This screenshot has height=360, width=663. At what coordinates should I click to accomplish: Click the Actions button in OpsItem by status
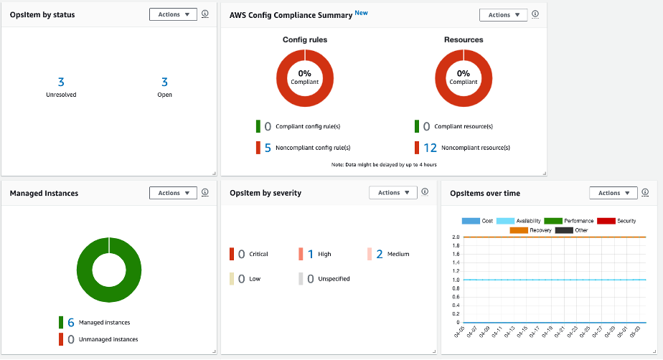(x=173, y=14)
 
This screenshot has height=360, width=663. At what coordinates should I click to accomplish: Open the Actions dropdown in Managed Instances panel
(x=173, y=193)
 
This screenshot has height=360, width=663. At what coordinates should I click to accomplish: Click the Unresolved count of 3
(x=61, y=82)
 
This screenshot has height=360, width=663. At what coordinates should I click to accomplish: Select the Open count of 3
(x=164, y=82)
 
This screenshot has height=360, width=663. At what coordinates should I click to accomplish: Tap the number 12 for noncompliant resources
(x=430, y=148)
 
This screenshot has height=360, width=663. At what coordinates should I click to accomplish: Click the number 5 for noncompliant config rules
(x=268, y=148)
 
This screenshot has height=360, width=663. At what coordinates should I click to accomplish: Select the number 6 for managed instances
(x=71, y=323)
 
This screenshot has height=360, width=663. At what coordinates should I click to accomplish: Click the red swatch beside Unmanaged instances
(x=61, y=339)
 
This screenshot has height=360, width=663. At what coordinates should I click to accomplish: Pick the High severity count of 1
(x=311, y=254)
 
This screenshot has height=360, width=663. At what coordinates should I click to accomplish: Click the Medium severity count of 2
(x=380, y=254)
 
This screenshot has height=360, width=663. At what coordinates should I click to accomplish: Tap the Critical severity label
(x=258, y=254)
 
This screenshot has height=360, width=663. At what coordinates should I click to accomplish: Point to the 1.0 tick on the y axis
(x=456, y=280)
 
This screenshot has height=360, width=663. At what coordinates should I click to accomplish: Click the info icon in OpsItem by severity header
(x=425, y=192)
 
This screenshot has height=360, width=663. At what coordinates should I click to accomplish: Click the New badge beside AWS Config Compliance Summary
(x=361, y=13)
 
